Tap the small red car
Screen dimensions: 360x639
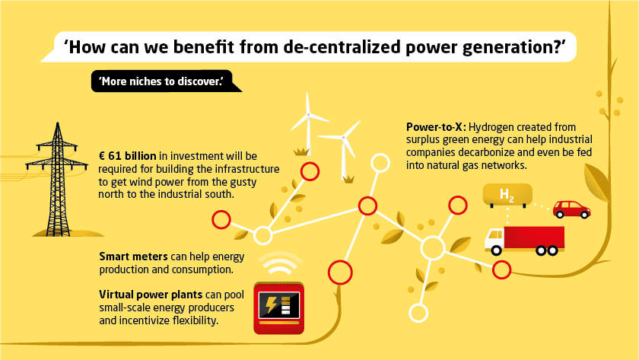(571, 209)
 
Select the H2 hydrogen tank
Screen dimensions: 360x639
(507, 196)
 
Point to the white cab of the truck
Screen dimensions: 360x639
(494, 239)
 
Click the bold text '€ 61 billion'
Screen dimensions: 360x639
(128, 155)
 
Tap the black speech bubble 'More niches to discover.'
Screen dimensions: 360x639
(161, 81)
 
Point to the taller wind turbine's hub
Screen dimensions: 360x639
(310, 116)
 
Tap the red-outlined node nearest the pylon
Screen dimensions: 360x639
(221, 220)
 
